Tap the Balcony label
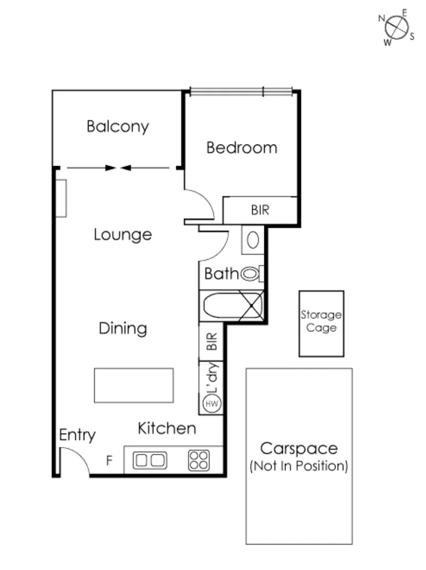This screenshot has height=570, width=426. coord(117,127)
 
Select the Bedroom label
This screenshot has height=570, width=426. coord(242,148)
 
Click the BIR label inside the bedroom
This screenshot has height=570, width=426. coord(260,211)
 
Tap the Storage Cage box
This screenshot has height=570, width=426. coord(321,323)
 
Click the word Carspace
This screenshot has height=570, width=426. coord(299,448)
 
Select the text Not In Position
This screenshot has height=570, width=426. coord(299,466)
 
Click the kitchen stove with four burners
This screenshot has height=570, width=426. coord(199,460)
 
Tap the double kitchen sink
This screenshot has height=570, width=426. coord(150,460)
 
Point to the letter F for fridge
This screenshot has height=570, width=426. coord(109,460)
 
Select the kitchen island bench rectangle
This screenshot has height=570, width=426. coord(134,385)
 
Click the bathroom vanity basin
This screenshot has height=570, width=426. coord(253,240)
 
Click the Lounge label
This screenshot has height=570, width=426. coord(122,235)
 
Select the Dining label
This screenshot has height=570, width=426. coord(122,329)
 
